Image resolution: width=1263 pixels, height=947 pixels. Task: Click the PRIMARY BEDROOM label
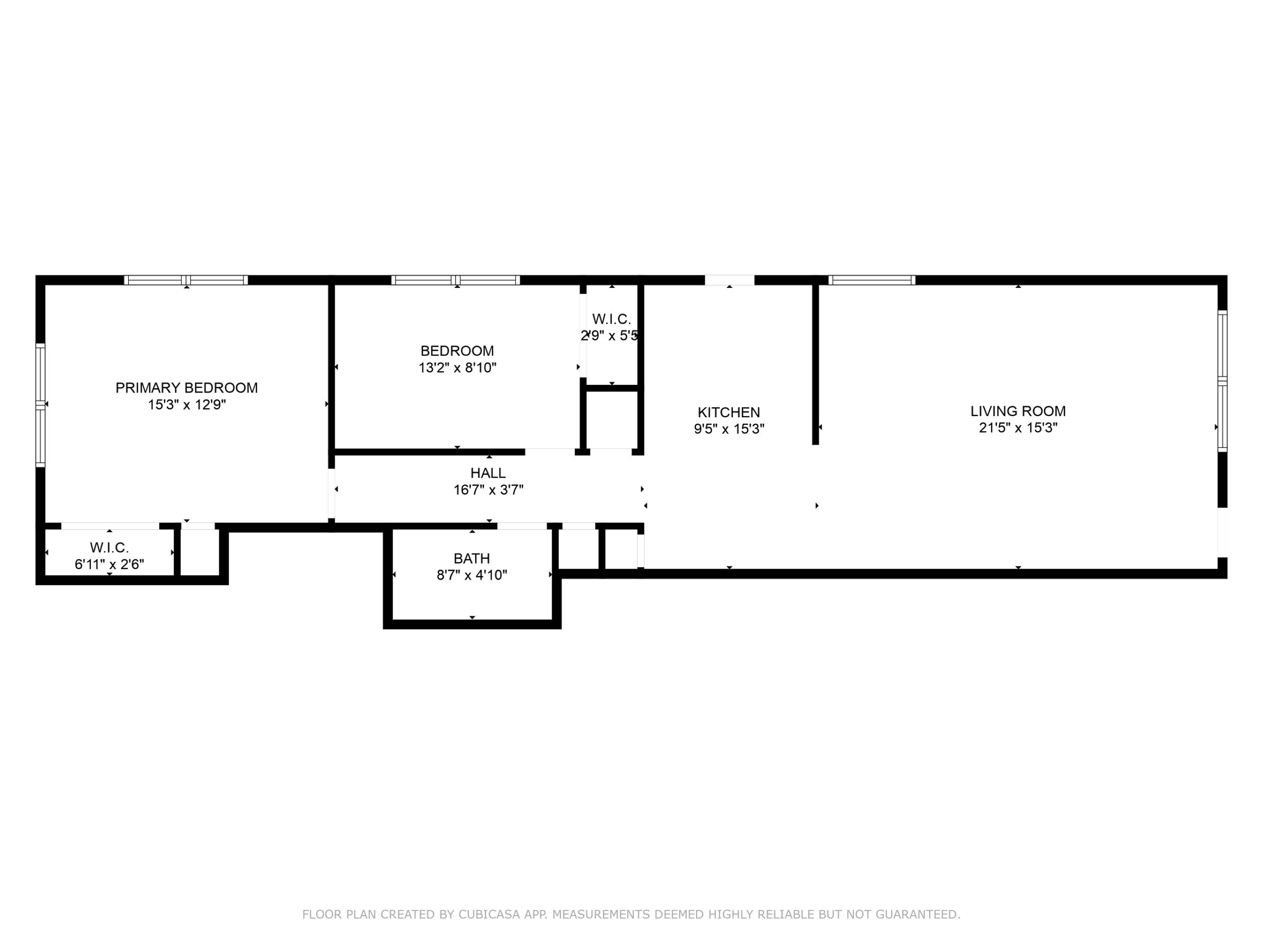[x=187, y=388]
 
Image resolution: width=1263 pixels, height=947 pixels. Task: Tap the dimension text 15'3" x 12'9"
[x=187, y=405]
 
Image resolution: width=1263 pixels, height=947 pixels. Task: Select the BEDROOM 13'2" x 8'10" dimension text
[x=457, y=367]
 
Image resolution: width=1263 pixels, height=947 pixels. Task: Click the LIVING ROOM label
[x=1018, y=411]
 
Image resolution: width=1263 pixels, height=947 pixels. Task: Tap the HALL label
[x=488, y=473]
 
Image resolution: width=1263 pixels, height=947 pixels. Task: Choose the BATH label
[x=472, y=558]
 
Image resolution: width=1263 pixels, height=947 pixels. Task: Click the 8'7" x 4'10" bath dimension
[x=472, y=575]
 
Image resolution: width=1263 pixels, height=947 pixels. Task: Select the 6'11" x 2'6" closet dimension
[x=109, y=564]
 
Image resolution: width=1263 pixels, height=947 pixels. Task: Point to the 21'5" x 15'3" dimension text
[x=1018, y=428]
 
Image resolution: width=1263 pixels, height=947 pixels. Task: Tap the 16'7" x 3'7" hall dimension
[x=488, y=490]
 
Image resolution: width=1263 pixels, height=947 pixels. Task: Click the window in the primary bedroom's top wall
[x=186, y=280]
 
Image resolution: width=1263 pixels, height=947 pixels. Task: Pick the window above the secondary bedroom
[x=456, y=280]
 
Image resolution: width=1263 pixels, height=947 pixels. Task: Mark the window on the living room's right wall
[x=1222, y=381]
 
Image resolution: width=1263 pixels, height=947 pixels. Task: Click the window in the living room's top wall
[x=872, y=280]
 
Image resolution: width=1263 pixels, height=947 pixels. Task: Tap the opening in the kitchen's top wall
[x=730, y=280]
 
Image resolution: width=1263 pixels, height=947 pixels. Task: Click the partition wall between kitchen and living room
[x=815, y=364]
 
